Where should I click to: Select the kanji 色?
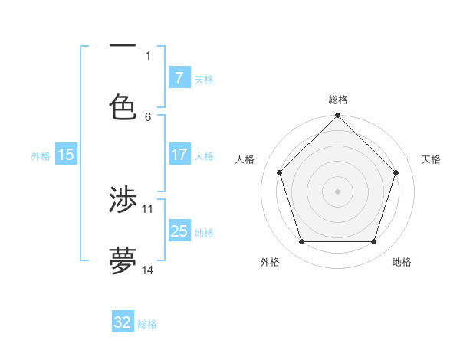click(x=123, y=106)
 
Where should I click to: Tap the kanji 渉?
click(x=123, y=201)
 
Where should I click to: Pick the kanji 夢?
click(x=123, y=260)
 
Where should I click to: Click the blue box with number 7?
click(x=179, y=77)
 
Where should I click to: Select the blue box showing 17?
click(x=179, y=155)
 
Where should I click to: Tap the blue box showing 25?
click(x=179, y=231)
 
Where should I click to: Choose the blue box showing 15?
click(x=66, y=155)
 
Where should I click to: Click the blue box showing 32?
click(x=123, y=322)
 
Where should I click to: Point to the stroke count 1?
click(x=148, y=56)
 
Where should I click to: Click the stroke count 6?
click(x=148, y=116)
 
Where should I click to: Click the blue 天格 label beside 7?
click(x=204, y=79)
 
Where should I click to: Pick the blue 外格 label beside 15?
click(x=41, y=156)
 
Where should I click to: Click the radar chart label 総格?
click(x=338, y=100)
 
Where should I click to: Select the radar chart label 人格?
click(x=245, y=159)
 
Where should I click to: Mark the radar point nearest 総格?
click(x=338, y=116)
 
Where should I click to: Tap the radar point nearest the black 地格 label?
click(x=374, y=242)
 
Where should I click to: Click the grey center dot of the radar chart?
click(x=338, y=191)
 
